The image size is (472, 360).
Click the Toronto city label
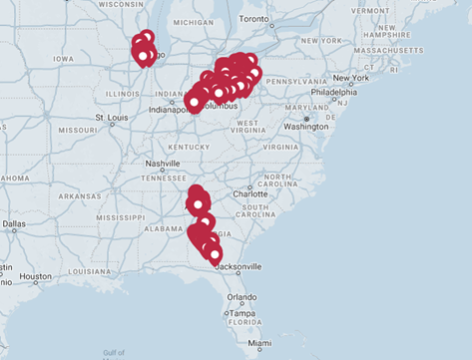click(255, 19)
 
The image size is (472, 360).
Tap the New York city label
click(350, 78)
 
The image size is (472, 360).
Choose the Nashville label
click(162, 164)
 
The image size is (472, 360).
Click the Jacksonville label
click(236, 266)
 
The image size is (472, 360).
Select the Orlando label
click(240, 296)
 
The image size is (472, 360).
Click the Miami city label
click(259, 344)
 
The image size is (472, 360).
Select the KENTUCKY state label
click(189, 146)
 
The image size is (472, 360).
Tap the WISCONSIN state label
click(121, 4)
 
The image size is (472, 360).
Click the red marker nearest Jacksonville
click(215, 255)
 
